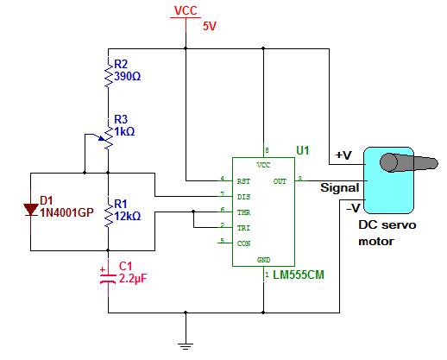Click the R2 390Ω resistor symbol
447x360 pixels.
pos(109,75)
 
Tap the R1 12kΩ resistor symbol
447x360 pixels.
pos(109,216)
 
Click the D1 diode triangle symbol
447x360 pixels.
pos(31,210)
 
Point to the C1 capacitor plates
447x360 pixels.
pos(108,279)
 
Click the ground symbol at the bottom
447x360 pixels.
pos(186,346)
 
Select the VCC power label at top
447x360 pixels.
pos(186,11)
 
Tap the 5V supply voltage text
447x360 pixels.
pos(210,26)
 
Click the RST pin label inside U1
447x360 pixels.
pos(243,181)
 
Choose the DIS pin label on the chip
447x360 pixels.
pos(243,197)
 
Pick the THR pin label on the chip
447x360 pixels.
pos(243,212)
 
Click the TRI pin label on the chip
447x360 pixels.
pos(243,228)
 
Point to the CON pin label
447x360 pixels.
pos(243,243)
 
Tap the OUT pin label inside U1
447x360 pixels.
pos(280,181)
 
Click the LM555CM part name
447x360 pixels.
pos(299,275)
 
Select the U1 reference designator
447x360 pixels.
pos(303,150)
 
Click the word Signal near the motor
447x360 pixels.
pos(340,187)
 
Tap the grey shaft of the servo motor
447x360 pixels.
pos(408,163)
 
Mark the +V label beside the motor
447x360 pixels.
pos(343,155)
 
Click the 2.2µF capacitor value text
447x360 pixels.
pos(133,279)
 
